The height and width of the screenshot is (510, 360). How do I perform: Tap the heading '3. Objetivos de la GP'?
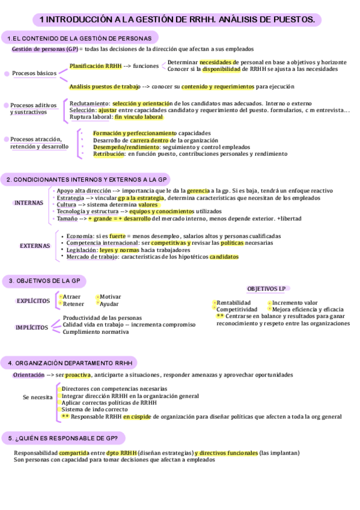pos(44,281)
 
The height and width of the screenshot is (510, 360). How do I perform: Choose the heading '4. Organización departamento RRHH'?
pos(70,363)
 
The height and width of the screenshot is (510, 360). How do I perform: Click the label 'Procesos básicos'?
pos(34,73)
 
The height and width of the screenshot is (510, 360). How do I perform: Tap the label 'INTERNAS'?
pos(29,203)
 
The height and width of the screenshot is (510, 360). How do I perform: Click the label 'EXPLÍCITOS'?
pos(33,301)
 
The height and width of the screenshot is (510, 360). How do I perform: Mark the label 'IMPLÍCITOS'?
pos(32,327)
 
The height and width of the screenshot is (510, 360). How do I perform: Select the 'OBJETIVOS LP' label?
pos(267,289)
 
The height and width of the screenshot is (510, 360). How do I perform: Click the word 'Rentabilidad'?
pos(234,303)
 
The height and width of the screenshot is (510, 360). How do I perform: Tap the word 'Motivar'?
pos(110,296)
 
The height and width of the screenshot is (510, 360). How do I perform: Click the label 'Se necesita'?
pos(38,398)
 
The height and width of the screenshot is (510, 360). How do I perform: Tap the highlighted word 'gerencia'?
pos(198,191)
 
